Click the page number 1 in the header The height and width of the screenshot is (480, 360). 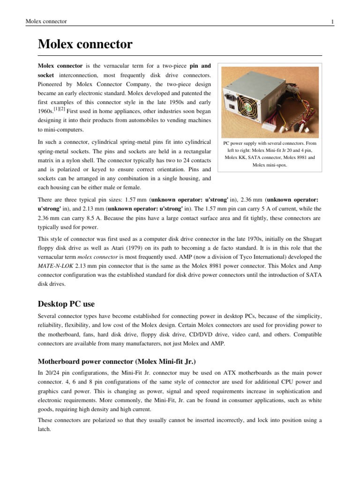(332, 22)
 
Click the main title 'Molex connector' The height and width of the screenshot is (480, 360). (85, 45)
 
